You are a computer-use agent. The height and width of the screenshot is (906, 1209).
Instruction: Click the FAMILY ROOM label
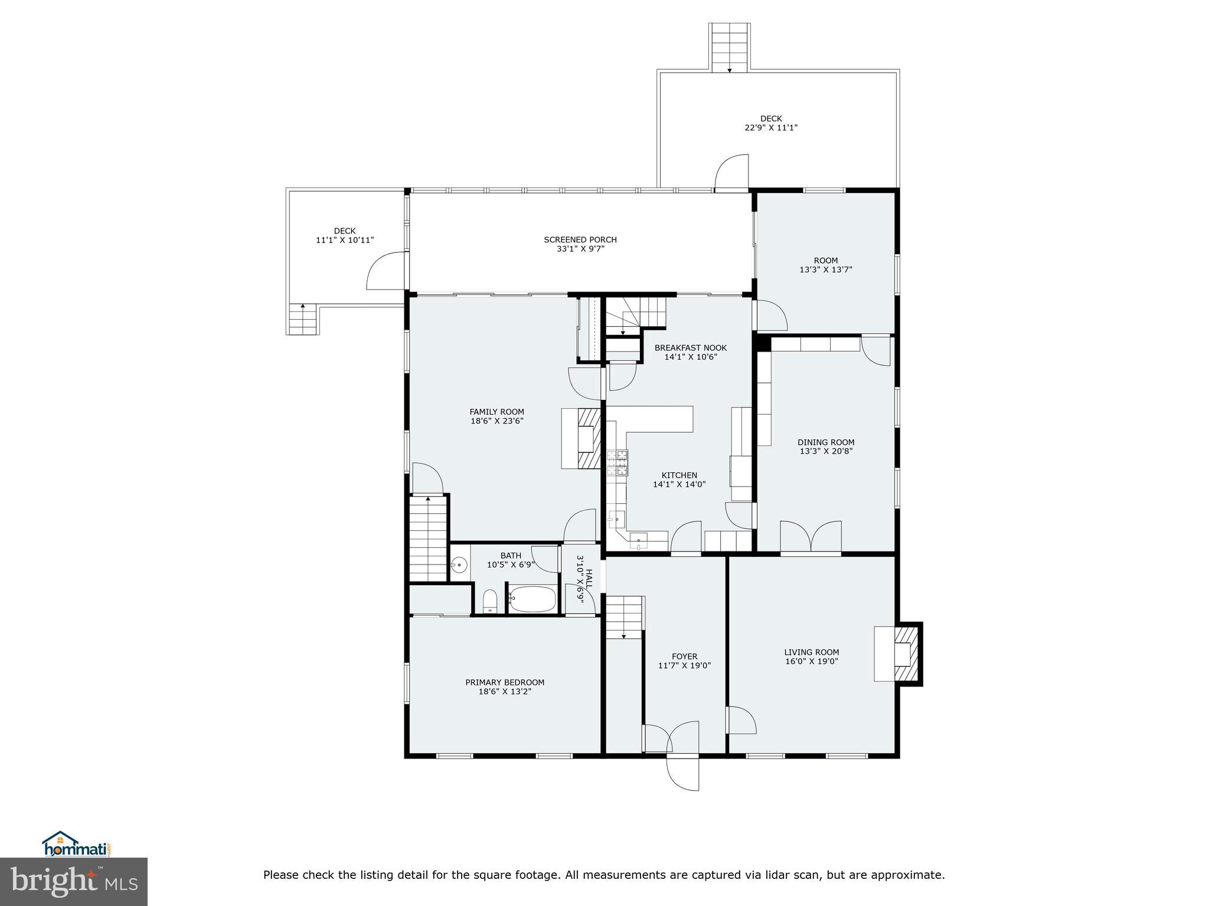pyautogui.click(x=496, y=412)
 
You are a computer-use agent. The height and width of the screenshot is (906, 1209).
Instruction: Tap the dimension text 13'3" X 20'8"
pyautogui.click(x=825, y=451)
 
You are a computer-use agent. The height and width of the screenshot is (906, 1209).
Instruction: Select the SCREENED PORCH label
pyautogui.click(x=580, y=239)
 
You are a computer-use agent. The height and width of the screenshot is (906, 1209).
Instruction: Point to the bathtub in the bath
pyautogui.click(x=532, y=599)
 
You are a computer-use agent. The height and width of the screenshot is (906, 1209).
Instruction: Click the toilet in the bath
pyautogui.click(x=490, y=602)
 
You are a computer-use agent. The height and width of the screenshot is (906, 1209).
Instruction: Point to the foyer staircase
pyautogui.click(x=624, y=617)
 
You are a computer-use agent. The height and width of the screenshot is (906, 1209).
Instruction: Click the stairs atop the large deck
pyautogui.click(x=730, y=47)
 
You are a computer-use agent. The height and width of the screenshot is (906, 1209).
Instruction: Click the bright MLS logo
pyautogui.click(x=74, y=881)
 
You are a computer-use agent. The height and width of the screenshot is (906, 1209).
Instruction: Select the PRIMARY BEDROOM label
pyautogui.click(x=505, y=682)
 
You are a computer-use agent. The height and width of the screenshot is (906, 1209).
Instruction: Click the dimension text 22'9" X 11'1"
pyautogui.click(x=771, y=127)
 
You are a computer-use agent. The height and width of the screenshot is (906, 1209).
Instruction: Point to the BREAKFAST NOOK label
pyautogui.click(x=690, y=348)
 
